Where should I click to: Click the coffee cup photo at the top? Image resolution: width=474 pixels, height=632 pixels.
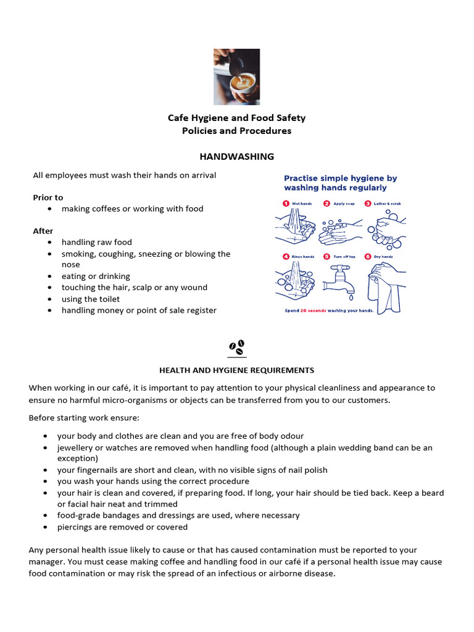pyautogui.click(x=236, y=77)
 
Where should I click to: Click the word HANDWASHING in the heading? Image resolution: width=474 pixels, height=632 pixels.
pyautogui.click(x=236, y=157)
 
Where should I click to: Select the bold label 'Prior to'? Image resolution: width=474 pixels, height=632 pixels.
pyautogui.click(x=48, y=197)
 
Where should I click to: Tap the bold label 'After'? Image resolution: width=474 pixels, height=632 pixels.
pyautogui.click(x=43, y=231)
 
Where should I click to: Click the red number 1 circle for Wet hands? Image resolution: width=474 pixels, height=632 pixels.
pyautogui.click(x=286, y=203)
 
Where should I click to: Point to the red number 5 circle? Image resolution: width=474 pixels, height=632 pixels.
pyautogui.click(x=326, y=256)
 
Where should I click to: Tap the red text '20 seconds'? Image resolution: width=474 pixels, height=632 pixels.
pyautogui.click(x=314, y=310)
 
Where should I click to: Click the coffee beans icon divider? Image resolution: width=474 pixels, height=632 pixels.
pyautogui.click(x=236, y=347)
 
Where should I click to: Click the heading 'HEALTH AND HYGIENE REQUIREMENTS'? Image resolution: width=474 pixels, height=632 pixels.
pyautogui.click(x=236, y=370)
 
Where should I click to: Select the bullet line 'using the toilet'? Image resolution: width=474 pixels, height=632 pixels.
pyautogui.click(x=91, y=299)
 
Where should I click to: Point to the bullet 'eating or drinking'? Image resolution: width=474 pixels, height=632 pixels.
pyautogui.click(x=96, y=276)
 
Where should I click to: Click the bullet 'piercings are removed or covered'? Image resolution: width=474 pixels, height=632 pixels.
pyautogui.click(x=122, y=527)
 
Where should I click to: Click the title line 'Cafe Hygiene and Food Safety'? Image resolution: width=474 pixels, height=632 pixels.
pyautogui.click(x=236, y=118)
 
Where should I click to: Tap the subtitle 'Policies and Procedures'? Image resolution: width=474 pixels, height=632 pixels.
pyautogui.click(x=236, y=131)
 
